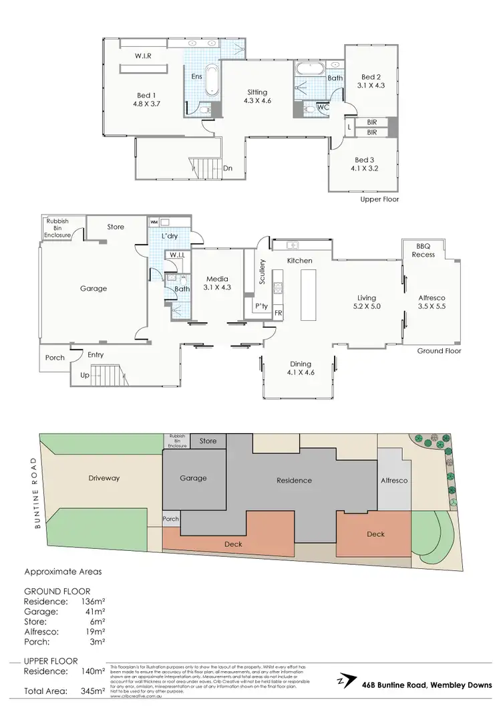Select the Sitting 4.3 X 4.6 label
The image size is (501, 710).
pos(257,97)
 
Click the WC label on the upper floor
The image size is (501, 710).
pos(322,107)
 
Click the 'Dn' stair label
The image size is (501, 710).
pos(228,168)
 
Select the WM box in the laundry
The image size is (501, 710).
pos(154,221)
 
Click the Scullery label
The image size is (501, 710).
pos(263,271)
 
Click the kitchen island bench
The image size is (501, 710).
pos(309,295)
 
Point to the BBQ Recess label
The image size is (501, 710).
pos(424,250)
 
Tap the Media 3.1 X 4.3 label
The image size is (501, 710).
pos(217,283)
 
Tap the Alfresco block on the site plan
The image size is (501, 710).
pos(394,480)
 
